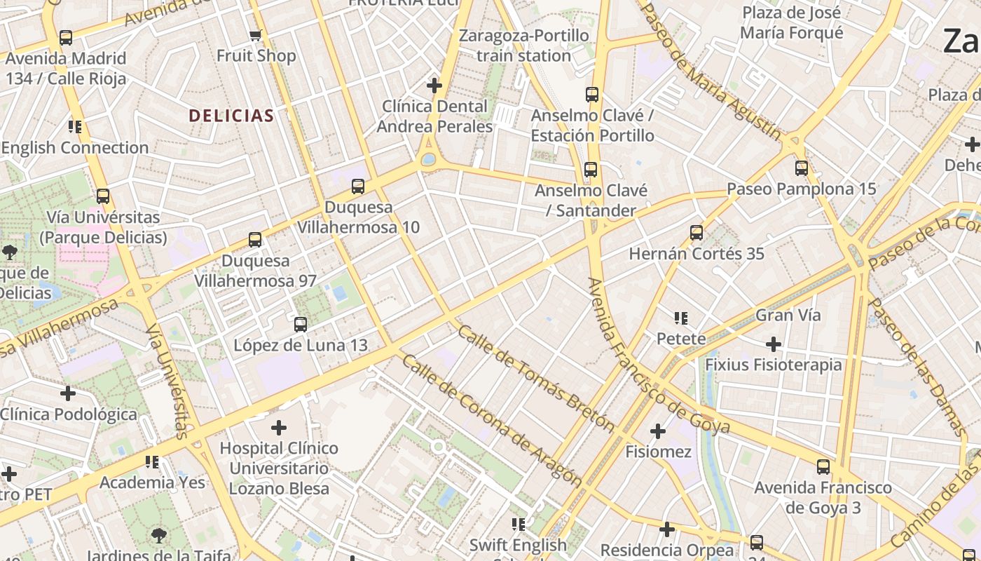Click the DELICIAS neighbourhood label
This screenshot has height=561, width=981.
(x=231, y=116)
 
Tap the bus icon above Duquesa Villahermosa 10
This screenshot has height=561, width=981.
(x=358, y=186)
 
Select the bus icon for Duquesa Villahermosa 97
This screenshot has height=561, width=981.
(x=255, y=239)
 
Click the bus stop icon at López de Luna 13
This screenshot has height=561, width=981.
(x=301, y=324)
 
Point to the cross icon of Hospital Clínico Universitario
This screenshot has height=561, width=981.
(x=279, y=427)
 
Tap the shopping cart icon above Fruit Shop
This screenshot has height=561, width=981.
(x=256, y=35)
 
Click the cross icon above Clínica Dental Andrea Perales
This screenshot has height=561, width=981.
(x=434, y=86)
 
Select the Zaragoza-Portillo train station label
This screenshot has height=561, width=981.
(x=523, y=46)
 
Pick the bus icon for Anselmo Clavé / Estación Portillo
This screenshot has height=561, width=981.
(x=592, y=94)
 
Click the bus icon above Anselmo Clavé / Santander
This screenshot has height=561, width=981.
(x=591, y=169)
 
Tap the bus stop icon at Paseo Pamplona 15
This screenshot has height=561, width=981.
(x=802, y=168)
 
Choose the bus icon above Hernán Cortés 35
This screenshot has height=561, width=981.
(x=697, y=232)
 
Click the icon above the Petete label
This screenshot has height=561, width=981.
(x=680, y=318)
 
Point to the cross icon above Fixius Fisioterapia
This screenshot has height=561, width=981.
(x=774, y=344)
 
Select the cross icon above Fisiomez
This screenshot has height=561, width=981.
(x=657, y=431)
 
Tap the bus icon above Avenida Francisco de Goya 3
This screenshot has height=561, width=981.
(x=823, y=466)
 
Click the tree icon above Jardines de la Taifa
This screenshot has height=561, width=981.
(x=159, y=536)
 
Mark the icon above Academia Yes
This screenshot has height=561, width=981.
(x=152, y=461)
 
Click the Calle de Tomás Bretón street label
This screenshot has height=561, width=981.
(x=535, y=379)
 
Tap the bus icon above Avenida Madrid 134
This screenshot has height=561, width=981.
(x=66, y=37)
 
